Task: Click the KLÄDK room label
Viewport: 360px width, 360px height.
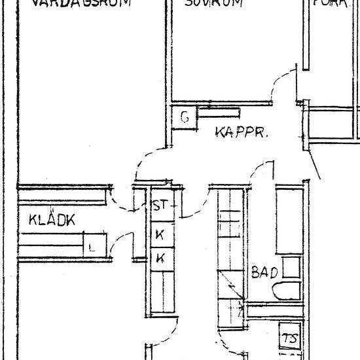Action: click(52, 221)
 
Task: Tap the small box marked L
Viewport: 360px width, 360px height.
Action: click(92, 247)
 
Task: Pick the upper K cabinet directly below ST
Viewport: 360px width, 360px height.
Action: click(159, 234)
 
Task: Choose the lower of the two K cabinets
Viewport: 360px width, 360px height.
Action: click(159, 258)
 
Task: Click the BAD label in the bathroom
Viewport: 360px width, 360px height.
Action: click(264, 272)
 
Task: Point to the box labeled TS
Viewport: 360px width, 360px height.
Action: click(289, 338)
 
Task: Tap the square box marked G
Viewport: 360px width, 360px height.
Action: click(185, 118)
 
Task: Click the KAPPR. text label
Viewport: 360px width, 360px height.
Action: click(243, 133)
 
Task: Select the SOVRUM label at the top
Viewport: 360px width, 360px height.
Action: click(213, 3)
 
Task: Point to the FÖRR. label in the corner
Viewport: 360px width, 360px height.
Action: click(331, 3)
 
